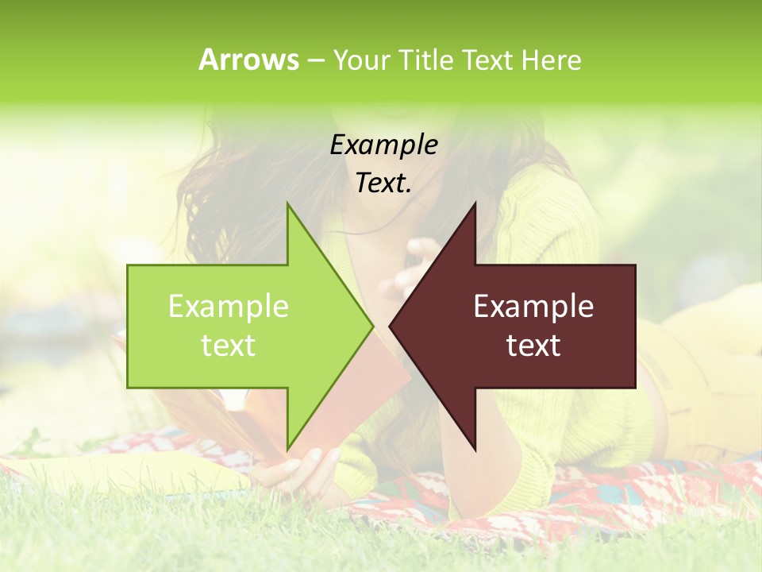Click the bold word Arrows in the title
[248, 60]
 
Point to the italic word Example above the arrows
[383, 145]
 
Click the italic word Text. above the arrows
[383, 183]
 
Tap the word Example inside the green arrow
[228, 307]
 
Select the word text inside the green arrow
[228, 346]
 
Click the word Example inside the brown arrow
[533, 307]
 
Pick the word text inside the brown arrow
[533, 346]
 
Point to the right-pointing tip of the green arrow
[372, 326]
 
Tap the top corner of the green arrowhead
[287, 203]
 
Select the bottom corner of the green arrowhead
[287, 450]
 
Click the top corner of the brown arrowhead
[475, 203]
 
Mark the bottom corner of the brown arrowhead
[475, 450]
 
